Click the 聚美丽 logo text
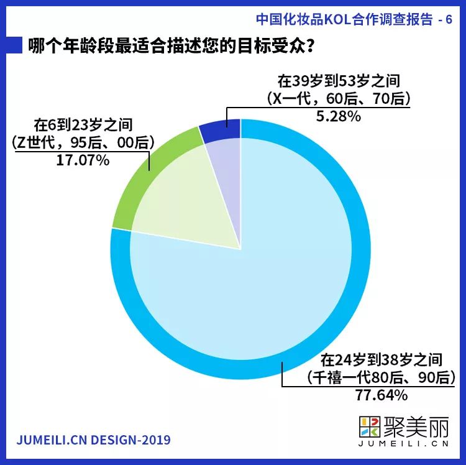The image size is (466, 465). pyautogui.click(x=417, y=427)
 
